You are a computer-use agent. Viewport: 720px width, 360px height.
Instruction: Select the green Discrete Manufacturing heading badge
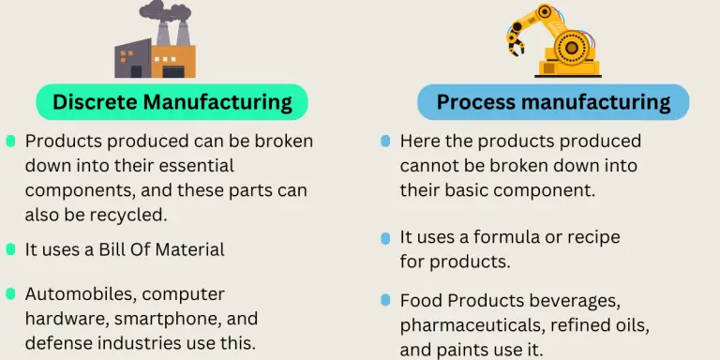tap(172, 102)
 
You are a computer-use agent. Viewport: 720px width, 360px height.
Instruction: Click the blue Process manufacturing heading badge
tap(553, 102)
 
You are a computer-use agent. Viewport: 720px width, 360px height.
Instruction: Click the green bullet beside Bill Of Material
tap(10, 249)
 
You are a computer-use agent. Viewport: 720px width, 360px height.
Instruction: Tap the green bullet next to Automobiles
tap(10, 293)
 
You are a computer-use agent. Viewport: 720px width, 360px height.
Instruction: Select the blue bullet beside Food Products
tap(385, 300)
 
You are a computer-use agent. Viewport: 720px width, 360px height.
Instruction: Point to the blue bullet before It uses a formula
tap(385, 238)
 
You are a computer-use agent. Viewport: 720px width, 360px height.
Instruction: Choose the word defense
tap(54, 343)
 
